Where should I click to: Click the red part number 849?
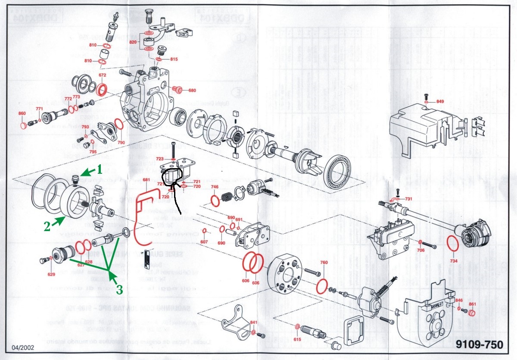click(x=439, y=102)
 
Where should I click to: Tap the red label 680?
click(x=192, y=91)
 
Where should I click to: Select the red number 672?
click(x=102, y=75)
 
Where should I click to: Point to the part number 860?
click(x=22, y=113)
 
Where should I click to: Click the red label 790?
click(x=121, y=142)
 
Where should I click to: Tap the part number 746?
click(x=215, y=187)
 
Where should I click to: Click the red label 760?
click(x=324, y=263)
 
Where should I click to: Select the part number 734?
click(x=454, y=261)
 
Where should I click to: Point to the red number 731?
click(x=408, y=199)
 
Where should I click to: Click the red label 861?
click(x=472, y=304)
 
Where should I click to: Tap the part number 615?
click(x=297, y=340)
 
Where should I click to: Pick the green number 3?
click(x=119, y=290)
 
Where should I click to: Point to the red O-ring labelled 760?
click(x=321, y=285)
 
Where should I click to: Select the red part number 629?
click(x=51, y=274)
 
